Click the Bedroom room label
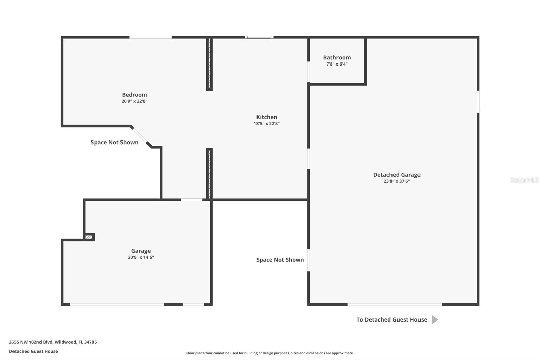click(x=134, y=95)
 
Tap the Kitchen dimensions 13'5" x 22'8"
click(x=267, y=123)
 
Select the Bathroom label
click(x=337, y=57)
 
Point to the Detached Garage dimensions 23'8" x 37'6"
click(x=397, y=181)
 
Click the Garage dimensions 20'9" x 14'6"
click(x=141, y=257)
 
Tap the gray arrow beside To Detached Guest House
click(x=435, y=320)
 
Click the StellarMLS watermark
click(x=524, y=180)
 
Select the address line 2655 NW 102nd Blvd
click(x=53, y=342)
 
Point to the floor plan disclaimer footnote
click(x=270, y=353)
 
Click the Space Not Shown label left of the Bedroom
click(x=114, y=143)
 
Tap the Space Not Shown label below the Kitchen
click(x=280, y=260)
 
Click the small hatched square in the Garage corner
click(x=89, y=237)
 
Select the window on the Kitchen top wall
click(x=259, y=37)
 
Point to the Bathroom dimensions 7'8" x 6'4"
click(x=337, y=64)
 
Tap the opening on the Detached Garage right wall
click(x=478, y=102)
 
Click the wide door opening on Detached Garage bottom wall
click(x=395, y=305)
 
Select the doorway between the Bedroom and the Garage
click(x=192, y=200)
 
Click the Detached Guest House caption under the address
click(x=33, y=351)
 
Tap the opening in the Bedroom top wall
click(x=151, y=37)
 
